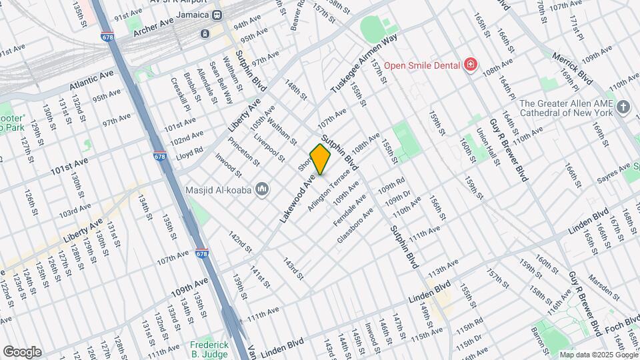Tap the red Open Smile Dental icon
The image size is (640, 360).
point(471,65)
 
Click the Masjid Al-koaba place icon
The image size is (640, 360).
point(262,190)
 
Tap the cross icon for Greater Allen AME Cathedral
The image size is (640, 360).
point(623,107)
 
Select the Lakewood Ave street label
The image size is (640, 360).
point(297,197)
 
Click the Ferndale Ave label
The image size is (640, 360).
point(350,209)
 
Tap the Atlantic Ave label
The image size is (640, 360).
point(89,83)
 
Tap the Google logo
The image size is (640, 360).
point(21,352)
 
